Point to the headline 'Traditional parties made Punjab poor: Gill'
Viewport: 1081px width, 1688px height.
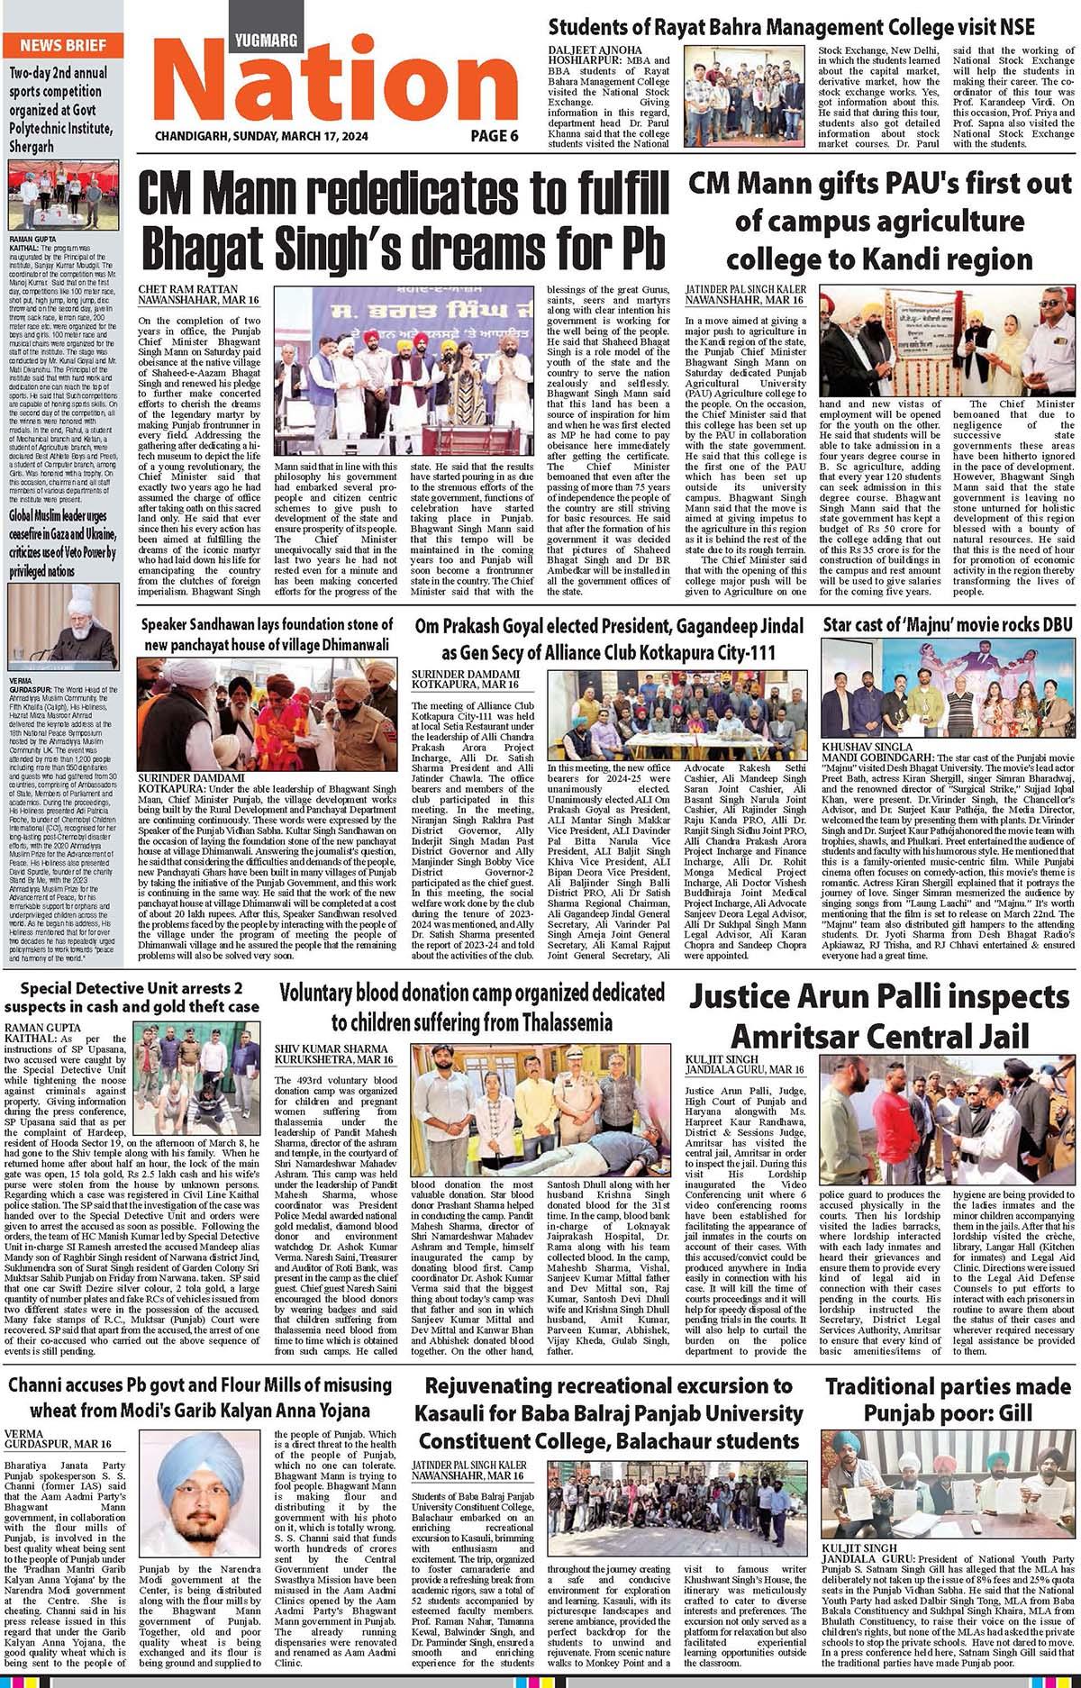947,1400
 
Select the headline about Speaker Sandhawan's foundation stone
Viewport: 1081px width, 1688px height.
267,634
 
